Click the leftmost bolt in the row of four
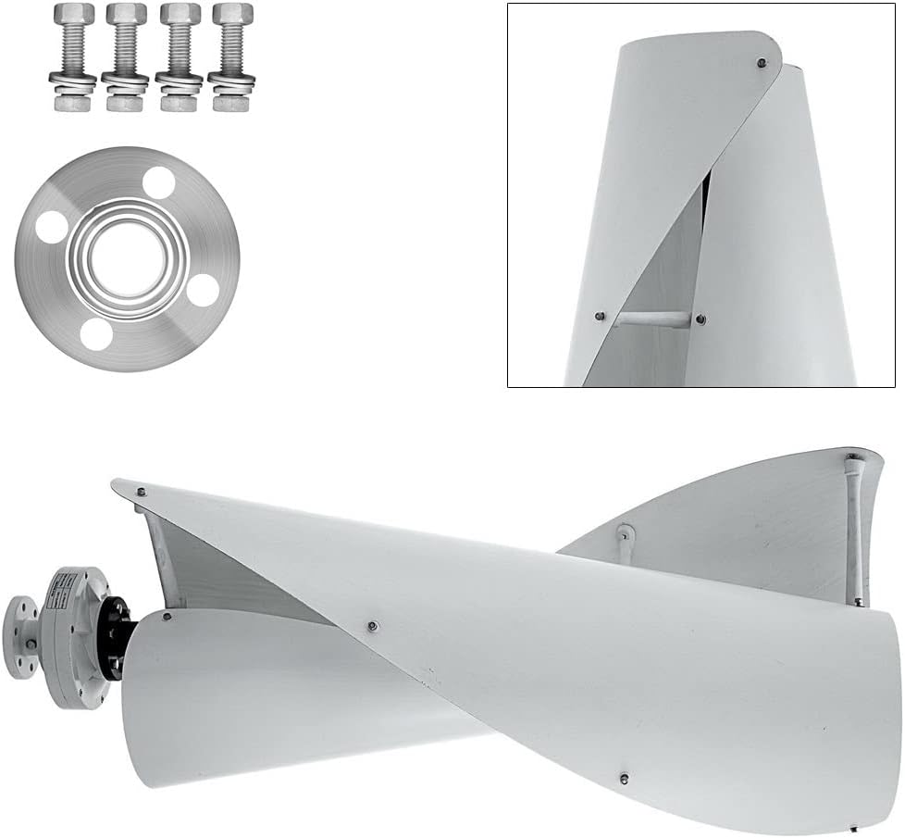coord(74,56)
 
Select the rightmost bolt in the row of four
coord(232,56)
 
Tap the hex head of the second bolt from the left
coord(127,16)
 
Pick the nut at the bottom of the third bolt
coord(180,101)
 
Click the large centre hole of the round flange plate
coord(127,256)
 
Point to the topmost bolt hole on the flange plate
coord(159,181)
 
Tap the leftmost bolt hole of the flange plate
coord(52,226)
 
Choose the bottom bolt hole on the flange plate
coord(96,333)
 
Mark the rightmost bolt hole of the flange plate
coord(203,290)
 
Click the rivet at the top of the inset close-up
coord(761,64)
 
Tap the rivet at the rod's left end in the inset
coord(601,317)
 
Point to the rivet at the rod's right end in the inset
coord(700,319)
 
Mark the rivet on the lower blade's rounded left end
coord(167,616)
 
